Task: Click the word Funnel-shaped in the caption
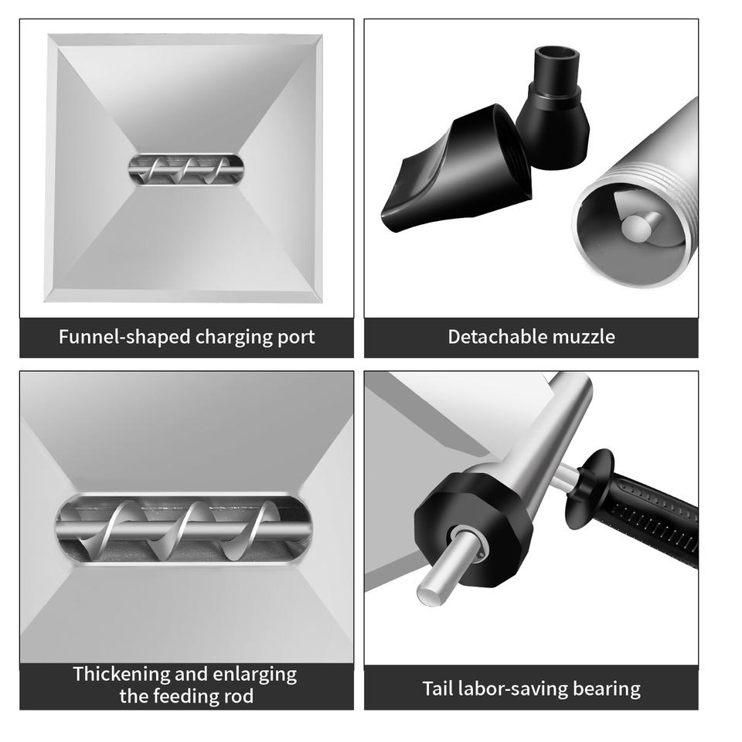coord(125,337)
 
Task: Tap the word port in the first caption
coord(296,338)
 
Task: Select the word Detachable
coord(497,337)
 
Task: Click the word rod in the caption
coord(239,696)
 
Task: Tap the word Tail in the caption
coord(435,689)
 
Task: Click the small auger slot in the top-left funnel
coord(186,169)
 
